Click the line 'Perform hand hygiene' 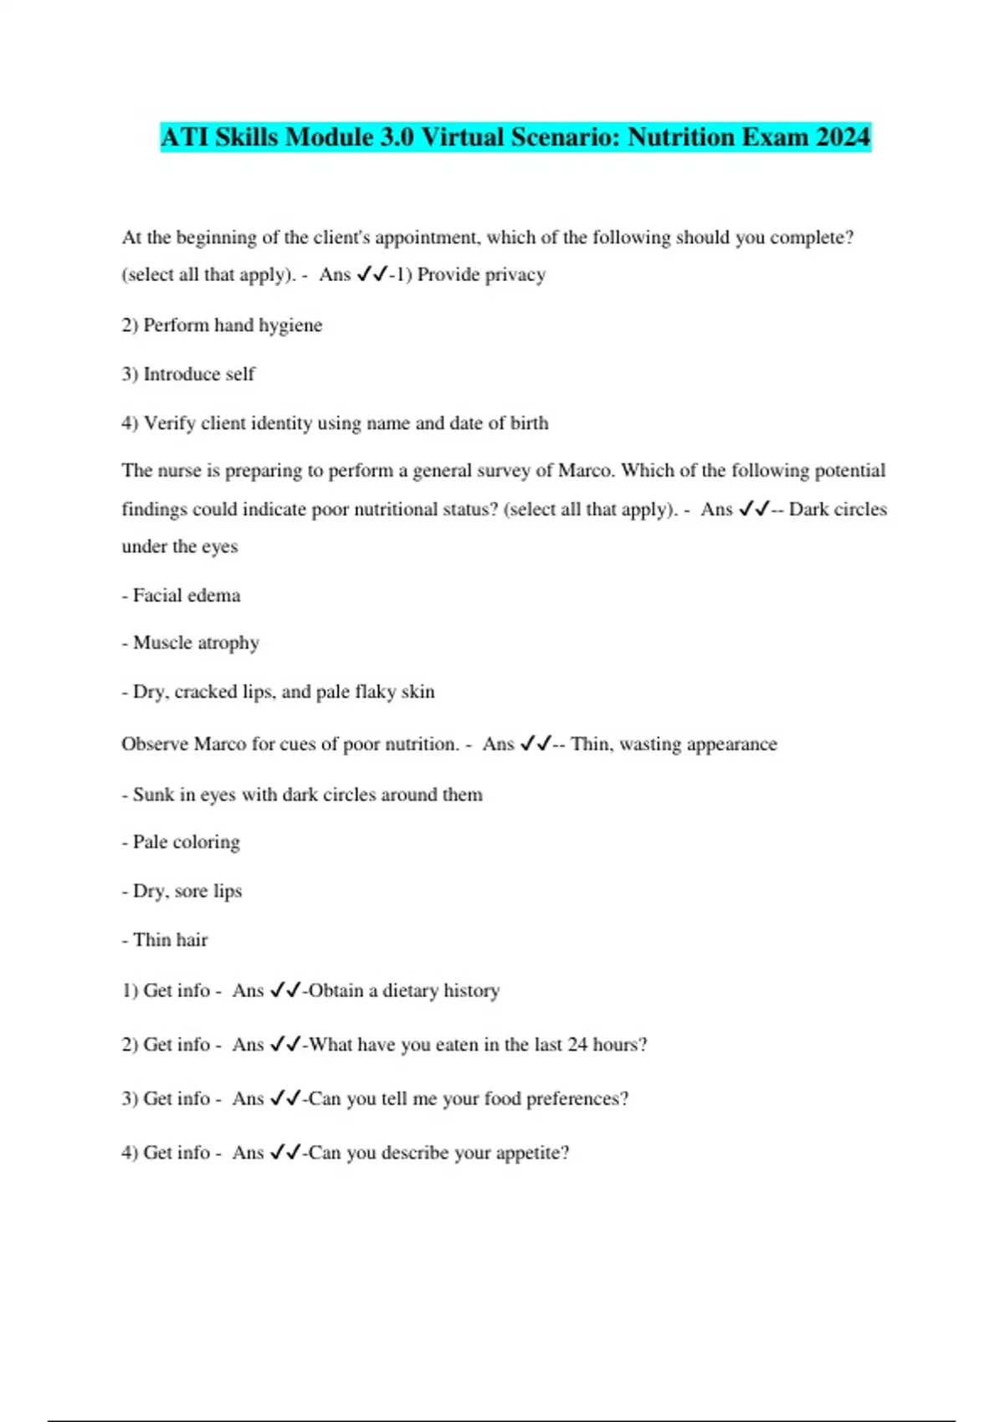click(x=222, y=325)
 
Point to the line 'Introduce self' click(x=188, y=374)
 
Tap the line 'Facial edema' click(x=181, y=596)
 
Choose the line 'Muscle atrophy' click(x=191, y=643)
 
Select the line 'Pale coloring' click(x=181, y=842)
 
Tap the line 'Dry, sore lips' click(x=182, y=891)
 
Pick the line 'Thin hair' click(x=165, y=940)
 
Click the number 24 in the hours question click(x=577, y=1045)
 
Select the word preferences click(x=577, y=1099)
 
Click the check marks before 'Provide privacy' click(x=371, y=274)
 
